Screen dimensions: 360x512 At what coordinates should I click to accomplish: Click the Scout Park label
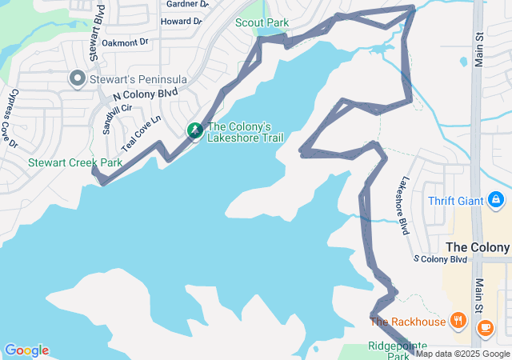(262, 23)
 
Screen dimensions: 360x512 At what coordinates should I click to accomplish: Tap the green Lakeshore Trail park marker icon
(194, 130)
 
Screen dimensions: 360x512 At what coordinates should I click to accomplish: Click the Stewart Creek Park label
(75, 162)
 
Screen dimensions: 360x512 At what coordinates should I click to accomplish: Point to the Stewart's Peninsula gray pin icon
(78, 78)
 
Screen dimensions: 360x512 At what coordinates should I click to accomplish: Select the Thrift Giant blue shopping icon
(496, 198)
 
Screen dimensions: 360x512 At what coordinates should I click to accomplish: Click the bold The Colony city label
(478, 247)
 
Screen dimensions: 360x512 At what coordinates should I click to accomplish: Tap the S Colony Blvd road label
(440, 260)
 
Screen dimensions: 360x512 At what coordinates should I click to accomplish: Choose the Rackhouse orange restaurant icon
(458, 322)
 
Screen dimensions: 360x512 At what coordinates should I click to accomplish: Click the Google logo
(26, 350)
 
